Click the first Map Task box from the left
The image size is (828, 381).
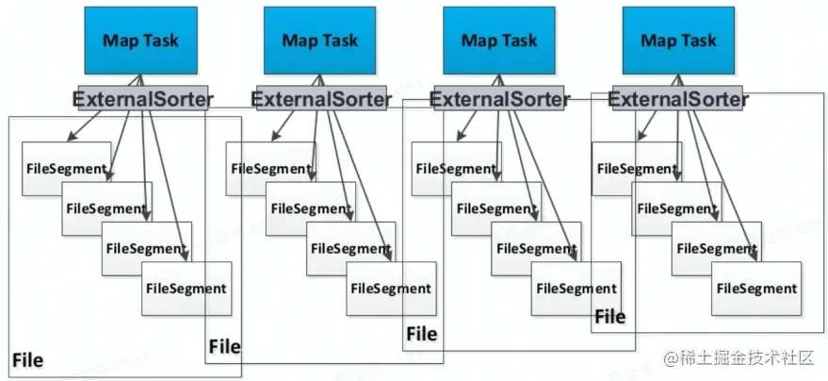[139, 41]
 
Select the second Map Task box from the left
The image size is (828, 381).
[319, 41]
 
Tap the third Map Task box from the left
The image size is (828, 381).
[498, 41]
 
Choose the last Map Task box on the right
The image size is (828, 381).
[678, 41]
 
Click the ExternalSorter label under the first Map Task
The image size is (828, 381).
[143, 98]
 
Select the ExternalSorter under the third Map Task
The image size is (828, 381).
[500, 98]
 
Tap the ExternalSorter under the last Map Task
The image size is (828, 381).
[679, 98]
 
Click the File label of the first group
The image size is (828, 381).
[27, 360]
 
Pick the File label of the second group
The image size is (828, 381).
[224, 346]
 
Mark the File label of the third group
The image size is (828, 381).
[421, 334]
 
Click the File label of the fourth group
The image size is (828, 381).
[609, 316]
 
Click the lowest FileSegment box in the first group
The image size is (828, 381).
[186, 289]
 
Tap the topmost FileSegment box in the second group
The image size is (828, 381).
[269, 169]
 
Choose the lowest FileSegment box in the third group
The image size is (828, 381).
[575, 289]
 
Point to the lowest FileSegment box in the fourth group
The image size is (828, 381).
[755, 289]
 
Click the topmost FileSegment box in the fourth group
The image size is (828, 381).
[636, 169]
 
